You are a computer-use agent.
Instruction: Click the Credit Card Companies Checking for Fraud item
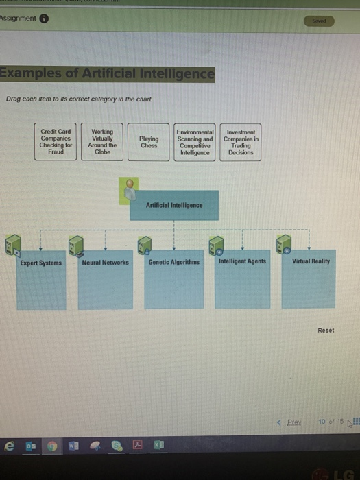coord(56,142)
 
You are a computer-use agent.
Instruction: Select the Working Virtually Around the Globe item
coord(102,142)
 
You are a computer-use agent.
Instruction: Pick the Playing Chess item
coord(148,142)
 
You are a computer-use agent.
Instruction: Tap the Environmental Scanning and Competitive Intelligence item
coord(195,142)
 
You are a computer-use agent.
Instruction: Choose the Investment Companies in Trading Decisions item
coord(241,142)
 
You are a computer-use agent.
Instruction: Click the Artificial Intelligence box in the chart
coord(174,205)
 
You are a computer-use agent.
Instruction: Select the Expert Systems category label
coord(40,262)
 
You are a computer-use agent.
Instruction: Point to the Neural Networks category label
coord(105,262)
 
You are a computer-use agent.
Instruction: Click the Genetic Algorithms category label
coord(173,262)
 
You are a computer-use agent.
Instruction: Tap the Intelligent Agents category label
coord(243,261)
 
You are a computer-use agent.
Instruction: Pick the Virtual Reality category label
coord(311,261)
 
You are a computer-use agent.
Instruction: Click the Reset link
coord(326,330)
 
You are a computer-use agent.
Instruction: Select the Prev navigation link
coord(293,422)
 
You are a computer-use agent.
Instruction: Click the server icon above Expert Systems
coord(12,243)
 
